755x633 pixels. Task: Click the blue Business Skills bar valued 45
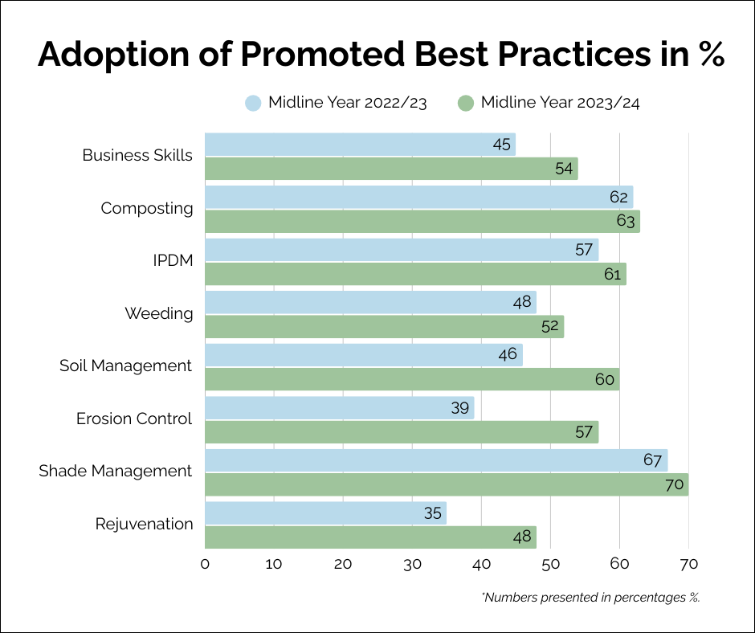[x=360, y=145]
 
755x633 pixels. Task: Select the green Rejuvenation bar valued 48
[x=370, y=537]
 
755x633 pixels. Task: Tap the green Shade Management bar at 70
[x=447, y=484]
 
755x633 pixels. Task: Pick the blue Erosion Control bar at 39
[x=339, y=408]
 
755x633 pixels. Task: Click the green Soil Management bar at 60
[x=412, y=379]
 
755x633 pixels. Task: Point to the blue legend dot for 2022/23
[x=253, y=103]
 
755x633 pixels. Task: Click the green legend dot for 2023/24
[x=465, y=103]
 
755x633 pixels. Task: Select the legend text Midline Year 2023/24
[x=560, y=103]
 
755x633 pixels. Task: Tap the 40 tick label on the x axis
[x=481, y=565]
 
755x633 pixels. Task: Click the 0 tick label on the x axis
[x=205, y=565]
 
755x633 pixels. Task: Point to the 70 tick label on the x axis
[x=688, y=565]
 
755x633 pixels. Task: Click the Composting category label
[x=147, y=209]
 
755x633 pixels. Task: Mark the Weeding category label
[x=159, y=314]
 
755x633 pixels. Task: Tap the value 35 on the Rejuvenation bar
[x=432, y=513]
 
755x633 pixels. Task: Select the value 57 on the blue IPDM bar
[x=584, y=250]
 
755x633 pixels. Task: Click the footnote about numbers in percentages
[x=590, y=598]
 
